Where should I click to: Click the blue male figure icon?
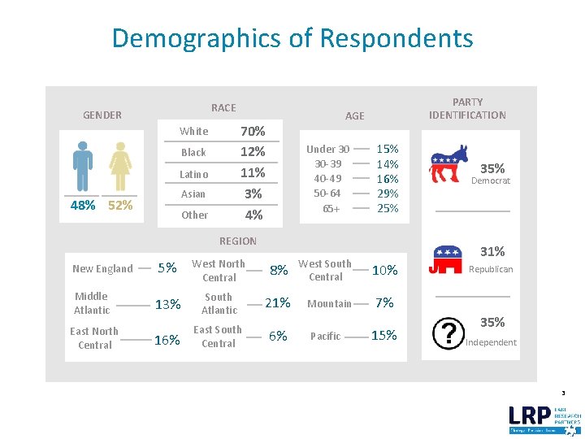(82, 167)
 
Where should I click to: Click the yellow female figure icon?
(120, 167)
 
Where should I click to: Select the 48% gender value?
(83, 205)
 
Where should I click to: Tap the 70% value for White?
(253, 131)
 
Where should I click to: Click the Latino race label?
(193, 174)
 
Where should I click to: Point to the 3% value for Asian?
(253, 194)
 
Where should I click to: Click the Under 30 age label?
(327, 149)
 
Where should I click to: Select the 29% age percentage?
(388, 193)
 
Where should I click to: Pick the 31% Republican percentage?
(492, 252)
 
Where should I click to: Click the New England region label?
(102, 269)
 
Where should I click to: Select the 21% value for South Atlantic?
(277, 303)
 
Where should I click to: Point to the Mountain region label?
(329, 304)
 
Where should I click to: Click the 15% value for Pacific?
(383, 336)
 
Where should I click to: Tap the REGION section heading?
(237, 241)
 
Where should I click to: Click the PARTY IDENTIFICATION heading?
(467, 109)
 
